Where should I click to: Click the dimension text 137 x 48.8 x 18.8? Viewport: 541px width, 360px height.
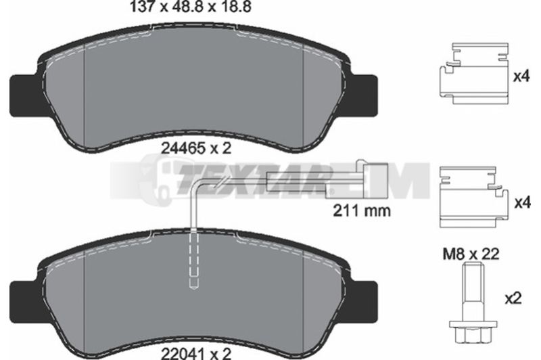coord(190,7)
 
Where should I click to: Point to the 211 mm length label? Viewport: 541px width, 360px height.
coord(362,210)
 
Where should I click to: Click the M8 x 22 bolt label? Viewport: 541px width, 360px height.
coord(471,254)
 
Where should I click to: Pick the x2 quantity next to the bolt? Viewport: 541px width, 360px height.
coord(513,298)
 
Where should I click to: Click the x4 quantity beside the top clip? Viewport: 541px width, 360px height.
coord(521,76)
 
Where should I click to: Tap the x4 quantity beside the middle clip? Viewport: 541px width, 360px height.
coord(522,203)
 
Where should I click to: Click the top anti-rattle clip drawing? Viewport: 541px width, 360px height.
coord(474,73)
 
